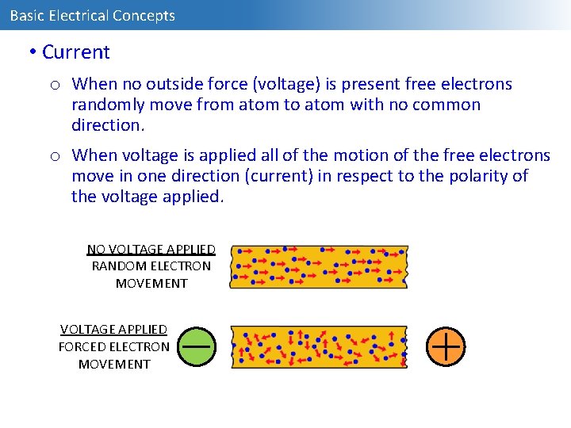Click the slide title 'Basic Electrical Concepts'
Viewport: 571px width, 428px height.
[92, 16]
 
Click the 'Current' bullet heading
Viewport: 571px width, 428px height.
[75, 52]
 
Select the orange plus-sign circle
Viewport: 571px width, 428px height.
[446, 346]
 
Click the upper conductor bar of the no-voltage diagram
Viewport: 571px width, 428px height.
[318, 266]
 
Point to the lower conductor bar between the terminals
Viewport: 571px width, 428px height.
[318, 346]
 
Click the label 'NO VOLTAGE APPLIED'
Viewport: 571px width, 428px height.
[151, 250]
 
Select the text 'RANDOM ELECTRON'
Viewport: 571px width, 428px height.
[151, 266]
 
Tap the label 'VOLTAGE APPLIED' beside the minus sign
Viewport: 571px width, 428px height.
[113, 329]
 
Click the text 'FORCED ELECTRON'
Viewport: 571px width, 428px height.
[113, 346]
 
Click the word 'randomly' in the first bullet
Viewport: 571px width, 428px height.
[105, 105]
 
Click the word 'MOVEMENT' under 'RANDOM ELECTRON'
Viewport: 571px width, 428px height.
[151, 283]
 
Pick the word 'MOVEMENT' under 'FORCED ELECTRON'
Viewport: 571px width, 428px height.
[114, 364]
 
